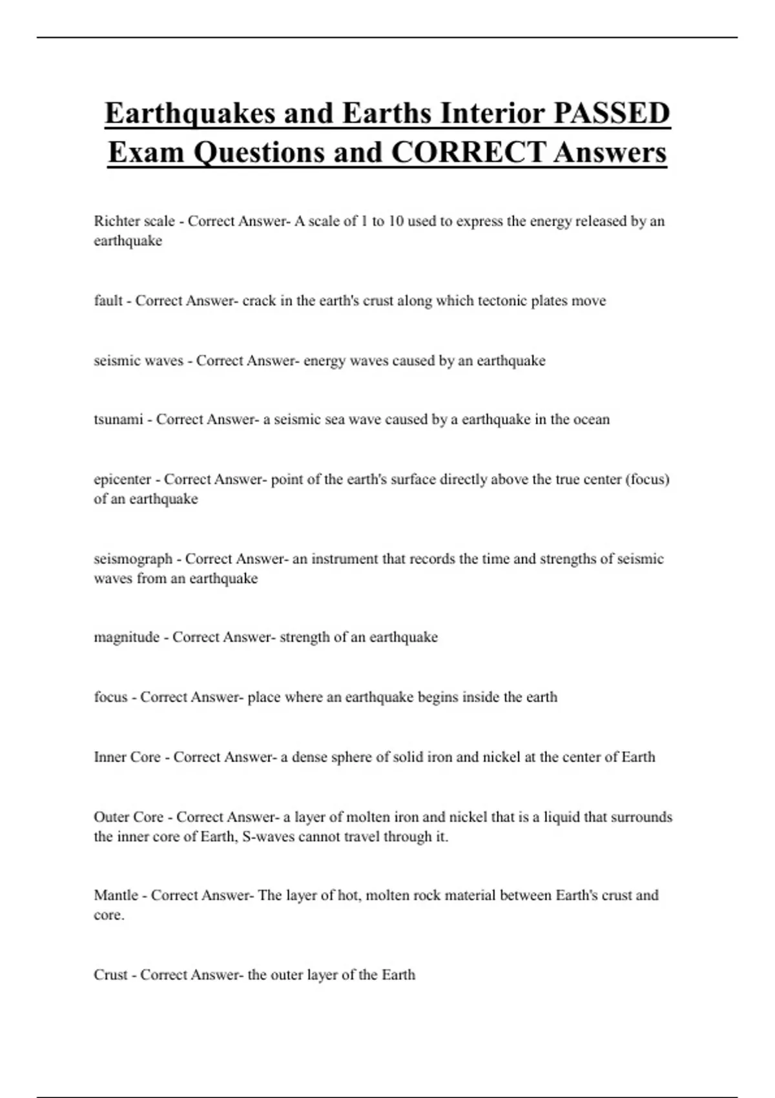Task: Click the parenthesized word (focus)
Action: pyautogui.click(x=647, y=479)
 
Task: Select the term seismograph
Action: pyautogui.click(x=133, y=559)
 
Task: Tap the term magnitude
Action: pyautogui.click(x=127, y=637)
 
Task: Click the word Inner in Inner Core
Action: pyautogui.click(x=110, y=757)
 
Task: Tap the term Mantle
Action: pyautogui.click(x=116, y=895)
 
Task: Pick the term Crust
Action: pyautogui.click(x=110, y=975)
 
